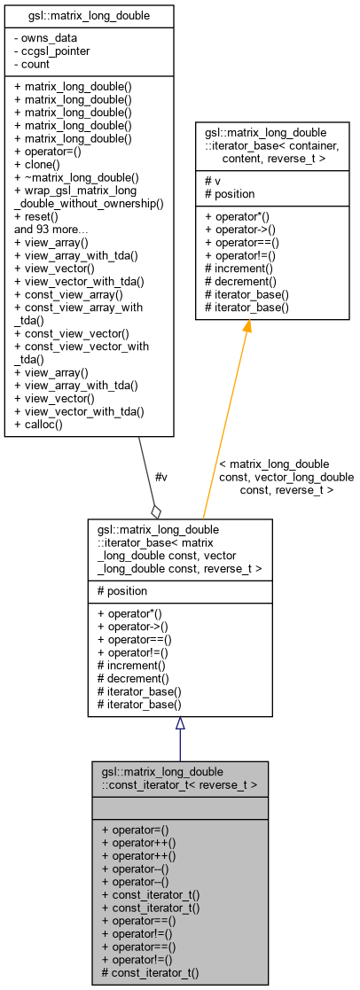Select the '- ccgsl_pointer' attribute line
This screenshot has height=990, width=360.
click(51, 51)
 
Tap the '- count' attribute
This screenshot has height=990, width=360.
click(35, 63)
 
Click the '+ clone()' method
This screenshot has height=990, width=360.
click(43, 164)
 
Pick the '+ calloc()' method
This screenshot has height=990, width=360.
click(44, 425)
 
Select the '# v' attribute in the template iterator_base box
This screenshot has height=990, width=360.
click(215, 181)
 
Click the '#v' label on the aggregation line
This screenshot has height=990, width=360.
click(160, 477)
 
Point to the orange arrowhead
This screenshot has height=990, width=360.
click(247, 328)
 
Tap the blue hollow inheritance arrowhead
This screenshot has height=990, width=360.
click(180, 723)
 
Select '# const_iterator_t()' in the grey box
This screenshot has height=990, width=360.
click(151, 972)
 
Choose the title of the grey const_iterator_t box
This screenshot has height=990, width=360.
click(180, 777)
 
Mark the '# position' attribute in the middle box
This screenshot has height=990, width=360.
click(127, 590)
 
